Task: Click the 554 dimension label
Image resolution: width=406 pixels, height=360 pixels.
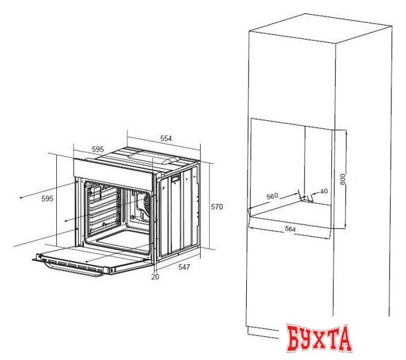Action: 166,138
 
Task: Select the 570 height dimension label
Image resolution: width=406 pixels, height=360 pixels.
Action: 217,207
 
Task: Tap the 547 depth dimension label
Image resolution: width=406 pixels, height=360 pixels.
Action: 184,267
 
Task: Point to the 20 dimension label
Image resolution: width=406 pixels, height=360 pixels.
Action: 155,277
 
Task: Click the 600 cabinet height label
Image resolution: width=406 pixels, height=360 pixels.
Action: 343,179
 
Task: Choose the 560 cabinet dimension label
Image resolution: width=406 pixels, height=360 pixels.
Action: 272,196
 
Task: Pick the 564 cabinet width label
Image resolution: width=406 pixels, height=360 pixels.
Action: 290,229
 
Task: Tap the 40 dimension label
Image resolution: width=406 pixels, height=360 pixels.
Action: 324,191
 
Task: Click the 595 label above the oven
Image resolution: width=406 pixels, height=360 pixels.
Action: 98,149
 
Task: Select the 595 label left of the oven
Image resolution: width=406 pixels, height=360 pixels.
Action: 47,199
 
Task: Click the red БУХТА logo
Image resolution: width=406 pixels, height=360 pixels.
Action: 319,338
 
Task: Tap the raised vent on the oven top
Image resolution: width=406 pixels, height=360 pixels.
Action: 153,157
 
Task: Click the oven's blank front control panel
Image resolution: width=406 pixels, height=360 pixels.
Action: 113,170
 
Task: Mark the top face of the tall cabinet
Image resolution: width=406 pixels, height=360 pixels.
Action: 320,29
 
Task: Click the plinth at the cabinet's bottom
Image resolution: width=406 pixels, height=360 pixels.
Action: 263,332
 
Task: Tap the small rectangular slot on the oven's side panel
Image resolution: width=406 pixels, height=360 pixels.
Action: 175,178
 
